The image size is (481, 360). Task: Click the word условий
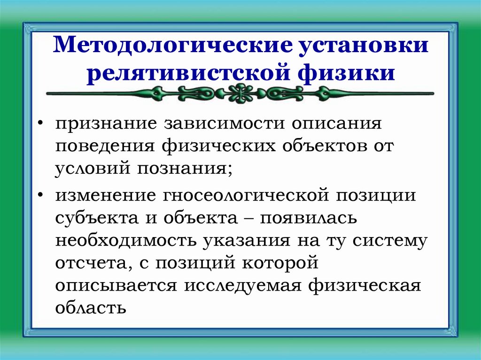pos(91,168)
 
